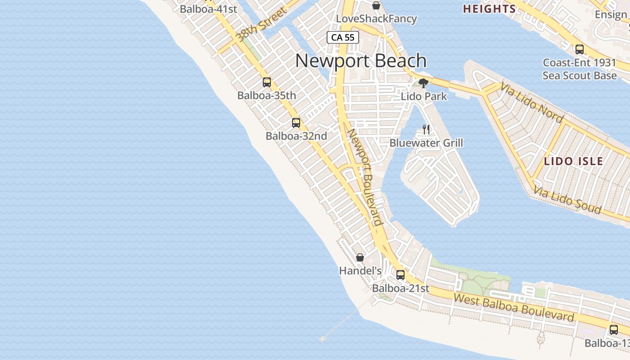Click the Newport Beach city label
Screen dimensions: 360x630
[361, 61]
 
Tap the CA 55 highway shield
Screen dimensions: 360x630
[343, 37]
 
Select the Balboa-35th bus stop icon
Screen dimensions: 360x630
[267, 82]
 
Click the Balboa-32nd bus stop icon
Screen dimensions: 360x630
[296, 123]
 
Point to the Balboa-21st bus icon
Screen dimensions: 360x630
[400, 274]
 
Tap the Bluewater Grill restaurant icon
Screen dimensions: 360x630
[426, 130]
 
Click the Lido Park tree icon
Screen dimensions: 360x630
[423, 83]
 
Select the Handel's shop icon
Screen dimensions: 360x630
[360, 257]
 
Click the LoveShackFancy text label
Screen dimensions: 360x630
[376, 19]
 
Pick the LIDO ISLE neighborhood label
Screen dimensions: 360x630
[573, 161]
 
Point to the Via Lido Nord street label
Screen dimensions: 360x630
[531, 103]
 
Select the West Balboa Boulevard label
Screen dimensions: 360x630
[514, 307]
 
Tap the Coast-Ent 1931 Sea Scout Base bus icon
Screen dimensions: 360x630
[580, 49]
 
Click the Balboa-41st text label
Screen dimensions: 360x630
[208, 9]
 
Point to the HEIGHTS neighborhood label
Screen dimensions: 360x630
[490, 9]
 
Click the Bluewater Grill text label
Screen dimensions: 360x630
[426, 143]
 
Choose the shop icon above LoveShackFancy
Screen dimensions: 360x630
[376, 5]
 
